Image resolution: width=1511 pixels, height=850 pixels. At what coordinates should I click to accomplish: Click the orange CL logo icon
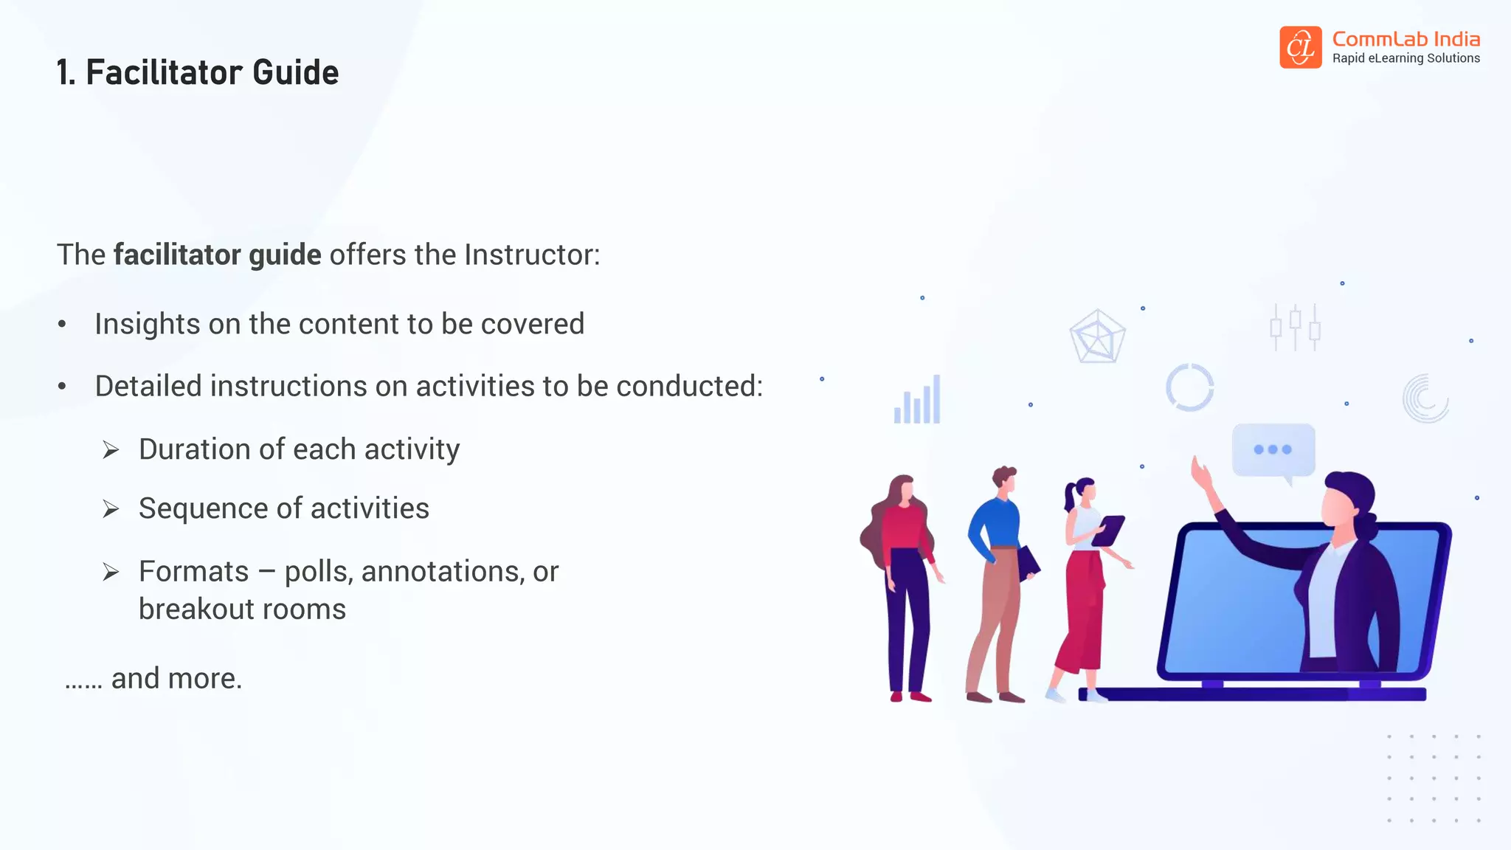pos(1300,47)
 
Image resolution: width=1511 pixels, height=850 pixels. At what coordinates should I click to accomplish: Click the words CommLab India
pos(1405,39)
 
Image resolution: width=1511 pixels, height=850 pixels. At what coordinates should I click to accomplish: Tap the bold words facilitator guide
pos(217,255)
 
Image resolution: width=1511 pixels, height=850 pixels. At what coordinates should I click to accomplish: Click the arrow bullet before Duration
pos(111,449)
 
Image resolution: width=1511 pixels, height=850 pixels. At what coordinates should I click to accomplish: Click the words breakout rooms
pos(242,609)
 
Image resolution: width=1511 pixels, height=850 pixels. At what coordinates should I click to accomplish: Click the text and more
pos(176,678)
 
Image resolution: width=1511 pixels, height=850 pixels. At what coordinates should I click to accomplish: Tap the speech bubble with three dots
pos(1273,449)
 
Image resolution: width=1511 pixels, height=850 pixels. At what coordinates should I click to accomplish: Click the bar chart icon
pos(917,401)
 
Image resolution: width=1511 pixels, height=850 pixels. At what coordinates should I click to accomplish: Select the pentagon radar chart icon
pos(1097,336)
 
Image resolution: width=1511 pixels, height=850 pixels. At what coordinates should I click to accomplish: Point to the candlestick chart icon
pos(1295,327)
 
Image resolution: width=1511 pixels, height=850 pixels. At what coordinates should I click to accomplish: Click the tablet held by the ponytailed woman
pos(1108,531)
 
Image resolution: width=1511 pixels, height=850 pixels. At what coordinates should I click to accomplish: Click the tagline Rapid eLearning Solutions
pos(1405,58)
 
